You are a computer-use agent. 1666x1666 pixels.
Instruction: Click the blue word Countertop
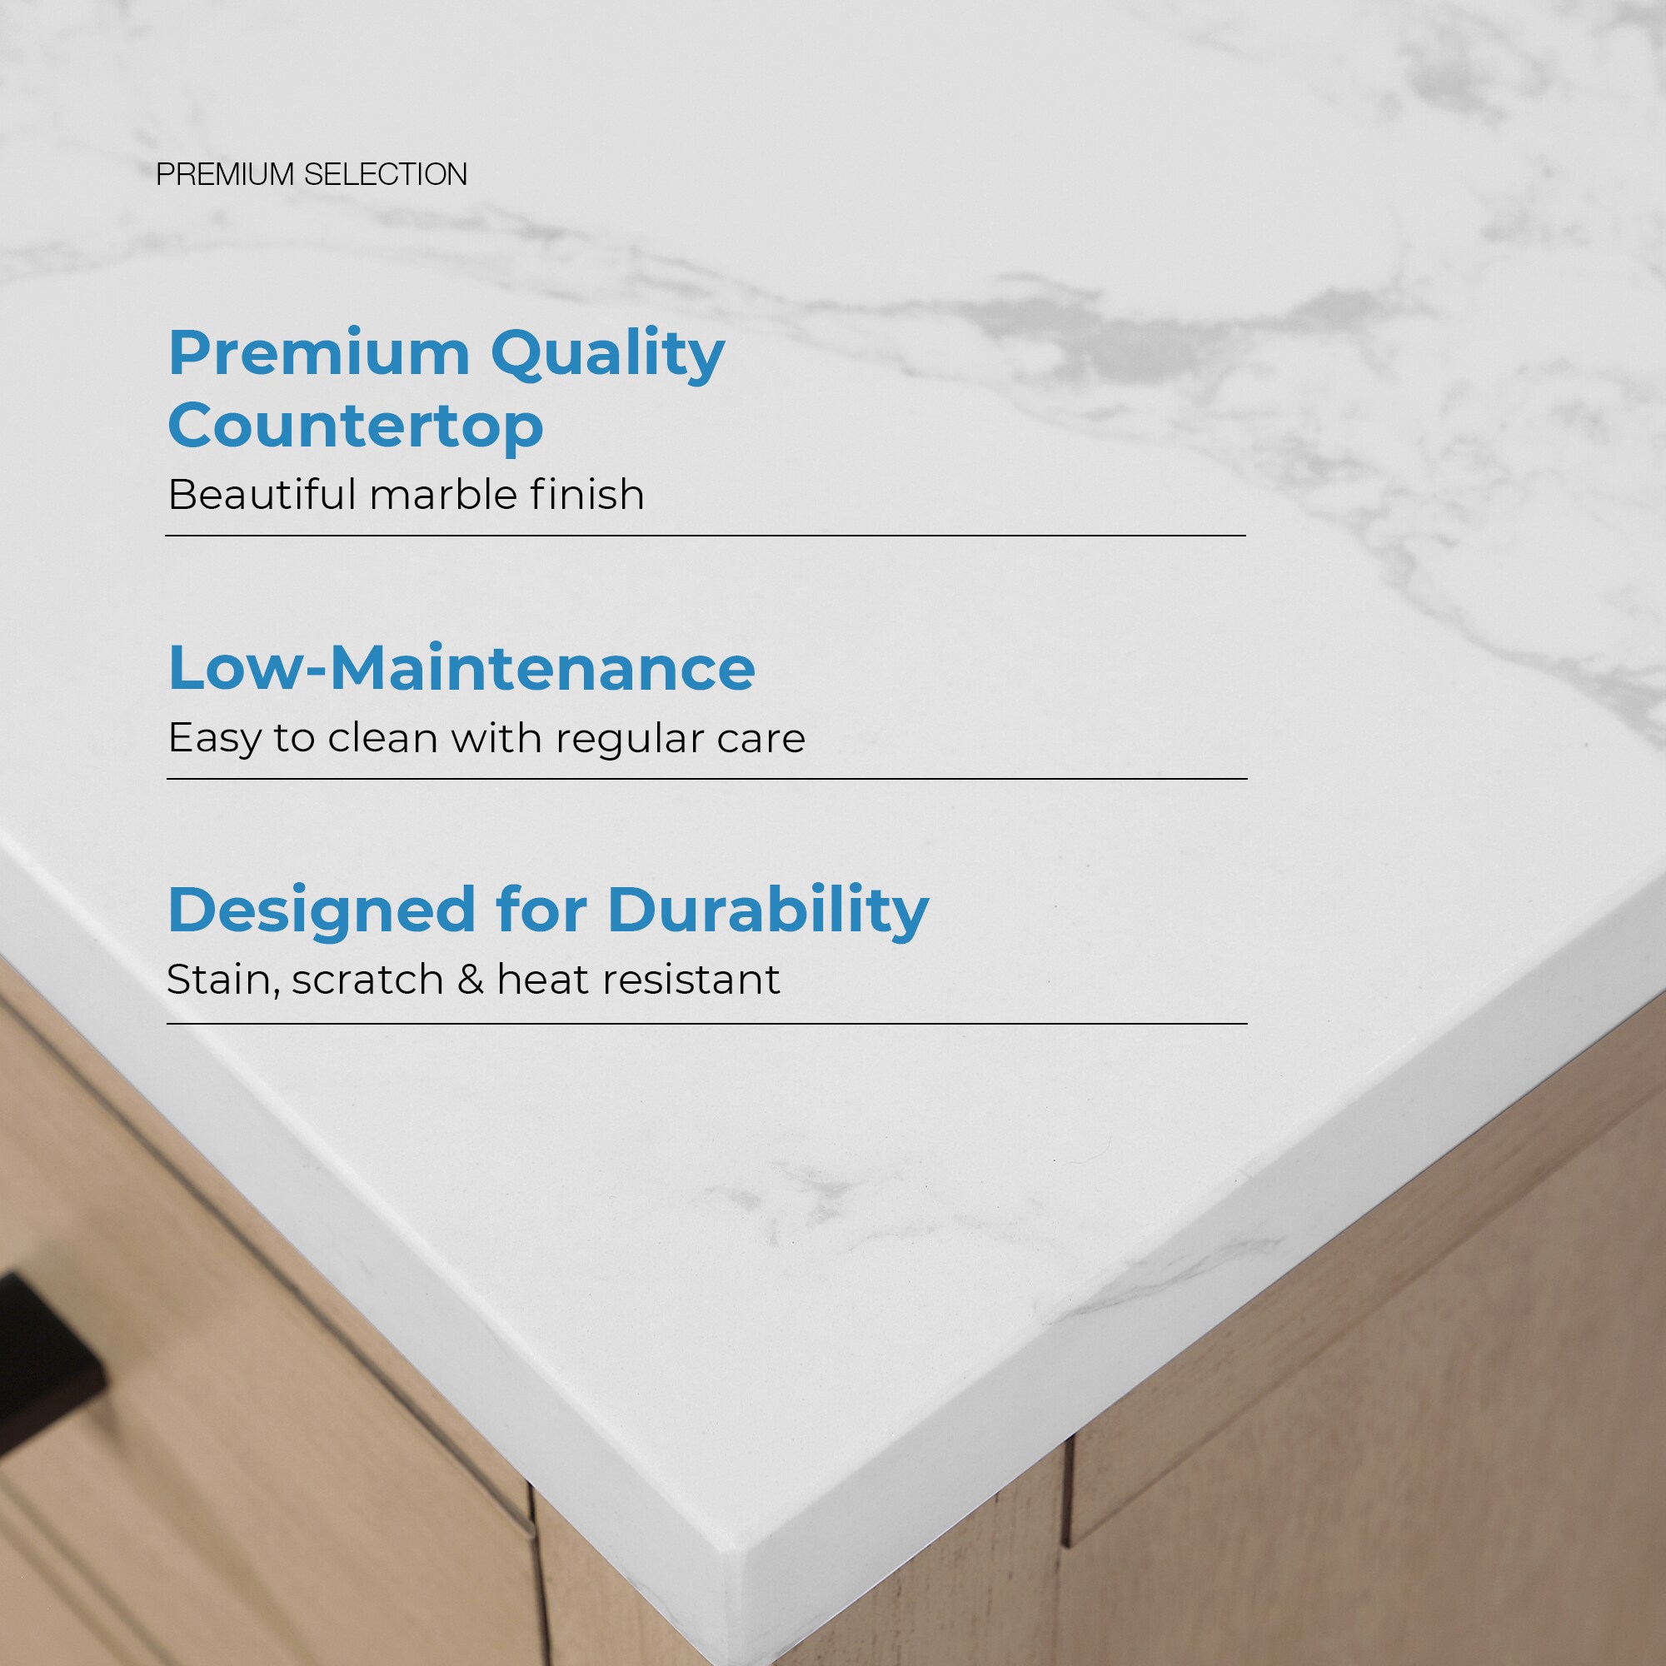click(x=356, y=426)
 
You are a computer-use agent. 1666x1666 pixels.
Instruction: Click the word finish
click(x=586, y=495)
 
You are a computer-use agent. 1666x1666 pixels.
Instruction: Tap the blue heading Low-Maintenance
click(x=461, y=668)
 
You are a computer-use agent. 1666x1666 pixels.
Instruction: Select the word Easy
click(x=214, y=739)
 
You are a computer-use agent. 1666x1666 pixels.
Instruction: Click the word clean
click(x=383, y=739)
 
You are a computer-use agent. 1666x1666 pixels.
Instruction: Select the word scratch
click(x=367, y=980)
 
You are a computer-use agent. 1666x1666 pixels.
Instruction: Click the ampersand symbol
click(x=471, y=980)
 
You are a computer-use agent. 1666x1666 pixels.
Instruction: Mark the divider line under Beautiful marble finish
click(x=706, y=536)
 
